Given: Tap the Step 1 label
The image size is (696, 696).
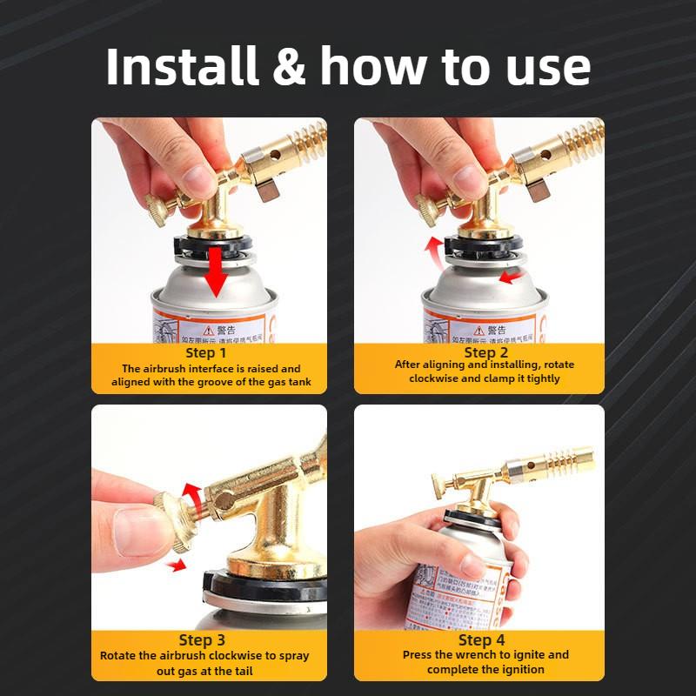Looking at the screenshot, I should point(206,353).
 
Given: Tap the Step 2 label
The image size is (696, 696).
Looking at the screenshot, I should point(486,352).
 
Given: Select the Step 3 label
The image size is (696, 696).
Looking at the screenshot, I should point(206,640).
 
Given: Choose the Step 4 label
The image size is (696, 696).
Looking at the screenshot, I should point(486,640).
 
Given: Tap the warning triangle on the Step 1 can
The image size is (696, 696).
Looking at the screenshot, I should point(208,331).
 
